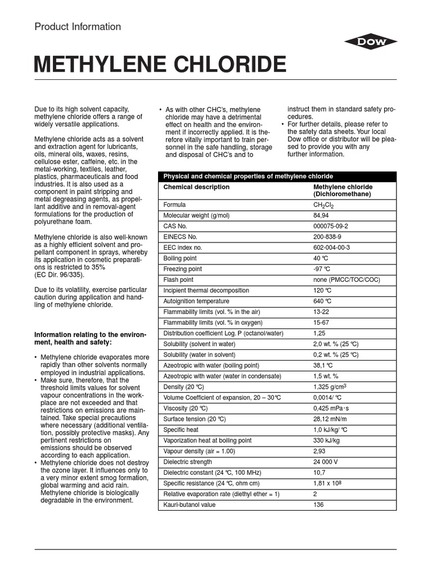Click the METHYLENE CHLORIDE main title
pos(160,65)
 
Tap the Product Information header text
pos(78,26)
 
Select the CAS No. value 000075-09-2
pos(332,226)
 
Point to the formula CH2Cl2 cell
pos(324,205)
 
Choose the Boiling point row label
pos(180,258)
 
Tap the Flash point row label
pos(178,280)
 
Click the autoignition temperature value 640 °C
pos(322,301)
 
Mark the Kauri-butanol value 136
pos(318,505)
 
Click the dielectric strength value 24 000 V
pos(326,462)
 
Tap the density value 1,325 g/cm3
pos(330,387)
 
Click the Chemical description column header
pos(196,187)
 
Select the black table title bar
pos(276,176)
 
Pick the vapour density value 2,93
pos(319,451)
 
